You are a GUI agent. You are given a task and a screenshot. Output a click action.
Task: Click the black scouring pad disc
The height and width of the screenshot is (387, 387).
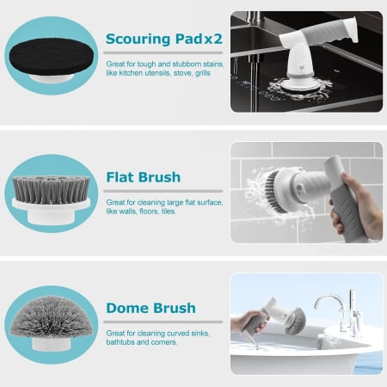(x=52, y=57)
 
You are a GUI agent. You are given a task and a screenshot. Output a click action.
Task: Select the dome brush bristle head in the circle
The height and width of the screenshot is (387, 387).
(x=52, y=316)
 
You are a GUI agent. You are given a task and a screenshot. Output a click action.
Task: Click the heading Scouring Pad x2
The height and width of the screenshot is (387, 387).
(x=164, y=40)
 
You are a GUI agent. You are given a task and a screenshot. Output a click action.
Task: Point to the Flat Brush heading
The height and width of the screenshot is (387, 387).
(x=144, y=177)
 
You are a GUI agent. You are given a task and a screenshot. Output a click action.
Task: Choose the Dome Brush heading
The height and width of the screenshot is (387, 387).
(x=151, y=308)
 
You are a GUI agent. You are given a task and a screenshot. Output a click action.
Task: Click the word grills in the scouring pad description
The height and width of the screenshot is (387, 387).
(x=203, y=73)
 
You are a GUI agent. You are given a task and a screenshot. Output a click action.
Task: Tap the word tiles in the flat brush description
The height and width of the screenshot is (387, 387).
(x=169, y=212)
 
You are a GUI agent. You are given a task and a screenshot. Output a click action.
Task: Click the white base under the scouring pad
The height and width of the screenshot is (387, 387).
(x=52, y=78)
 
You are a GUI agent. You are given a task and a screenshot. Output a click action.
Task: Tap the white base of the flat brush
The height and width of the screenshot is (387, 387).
(x=52, y=211)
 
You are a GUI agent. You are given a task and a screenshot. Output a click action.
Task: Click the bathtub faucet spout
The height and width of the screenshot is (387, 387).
(x=329, y=301)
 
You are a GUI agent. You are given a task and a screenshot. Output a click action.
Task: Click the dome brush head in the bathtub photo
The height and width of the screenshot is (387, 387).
(x=296, y=321)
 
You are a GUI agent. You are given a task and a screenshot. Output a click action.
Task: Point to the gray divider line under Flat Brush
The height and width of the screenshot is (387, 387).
(x=163, y=191)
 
